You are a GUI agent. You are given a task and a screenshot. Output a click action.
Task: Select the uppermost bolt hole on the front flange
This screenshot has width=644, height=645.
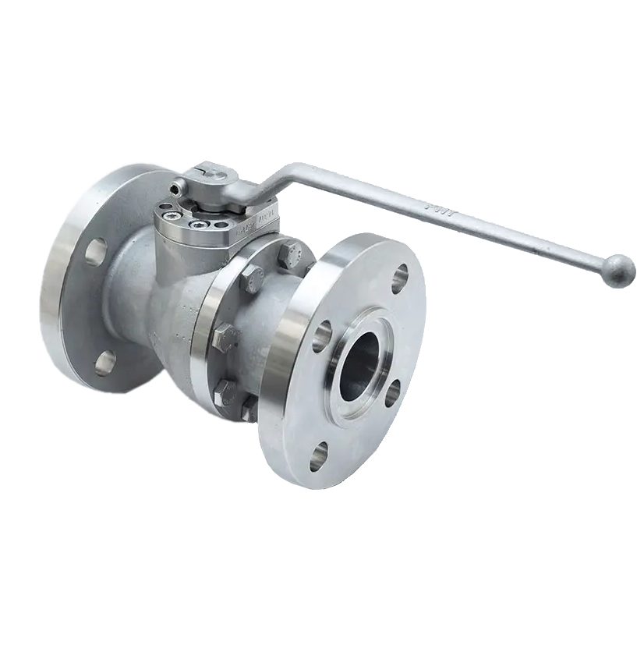[x=399, y=274]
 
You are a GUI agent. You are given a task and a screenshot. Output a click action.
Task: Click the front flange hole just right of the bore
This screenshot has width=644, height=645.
[x=394, y=392]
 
